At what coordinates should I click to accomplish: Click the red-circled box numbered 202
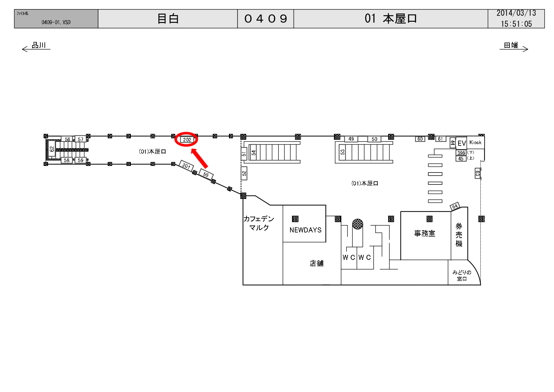(187, 140)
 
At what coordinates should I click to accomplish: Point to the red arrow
(199, 159)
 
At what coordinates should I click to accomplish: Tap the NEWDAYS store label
(305, 230)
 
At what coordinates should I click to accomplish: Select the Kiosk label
(475, 142)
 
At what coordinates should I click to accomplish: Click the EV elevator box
(461, 143)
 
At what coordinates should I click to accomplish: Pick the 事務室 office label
(424, 233)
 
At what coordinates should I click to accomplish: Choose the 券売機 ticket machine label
(459, 235)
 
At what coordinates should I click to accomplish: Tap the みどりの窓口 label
(462, 275)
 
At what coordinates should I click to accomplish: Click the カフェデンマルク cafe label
(259, 223)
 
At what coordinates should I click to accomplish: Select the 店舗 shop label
(316, 263)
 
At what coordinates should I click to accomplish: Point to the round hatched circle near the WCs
(358, 224)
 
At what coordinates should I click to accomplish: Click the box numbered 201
(186, 166)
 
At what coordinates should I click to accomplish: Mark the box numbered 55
(206, 174)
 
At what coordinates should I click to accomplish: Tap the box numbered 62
(52, 149)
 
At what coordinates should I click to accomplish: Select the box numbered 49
(351, 139)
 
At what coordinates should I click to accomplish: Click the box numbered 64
(455, 207)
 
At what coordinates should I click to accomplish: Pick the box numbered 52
(244, 173)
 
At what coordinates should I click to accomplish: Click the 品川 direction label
(39, 45)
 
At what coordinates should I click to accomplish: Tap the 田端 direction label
(511, 45)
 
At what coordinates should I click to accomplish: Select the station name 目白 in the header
(168, 19)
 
